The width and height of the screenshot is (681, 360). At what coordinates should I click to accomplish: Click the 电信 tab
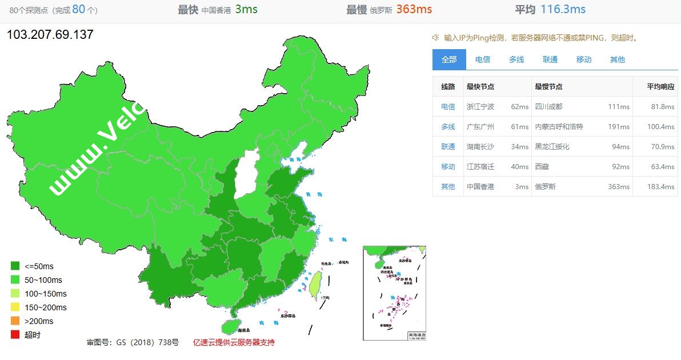click(x=483, y=59)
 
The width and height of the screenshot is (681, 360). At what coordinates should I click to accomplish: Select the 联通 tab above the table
click(x=550, y=59)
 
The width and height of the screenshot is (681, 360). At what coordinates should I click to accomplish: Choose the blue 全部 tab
click(x=449, y=59)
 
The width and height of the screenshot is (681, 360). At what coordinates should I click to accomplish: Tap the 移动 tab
click(x=584, y=59)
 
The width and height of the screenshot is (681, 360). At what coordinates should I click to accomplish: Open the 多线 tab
click(x=516, y=59)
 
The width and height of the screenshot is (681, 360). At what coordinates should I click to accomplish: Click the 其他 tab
click(x=618, y=59)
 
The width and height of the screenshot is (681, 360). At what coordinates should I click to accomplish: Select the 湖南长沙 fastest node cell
click(x=480, y=147)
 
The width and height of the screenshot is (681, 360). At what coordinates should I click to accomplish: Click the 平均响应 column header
click(x=660, y=87)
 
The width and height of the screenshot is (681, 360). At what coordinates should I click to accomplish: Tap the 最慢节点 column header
click(x=548, y=87)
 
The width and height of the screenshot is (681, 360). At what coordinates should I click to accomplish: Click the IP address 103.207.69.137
click(x=50, y=35)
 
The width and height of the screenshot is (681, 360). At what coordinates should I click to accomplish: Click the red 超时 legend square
click(x=15, y=335)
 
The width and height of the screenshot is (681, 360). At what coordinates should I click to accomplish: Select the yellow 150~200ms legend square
click(x=15, y=307)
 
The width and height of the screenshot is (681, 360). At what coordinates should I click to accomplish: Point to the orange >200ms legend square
click(x=15, y=321)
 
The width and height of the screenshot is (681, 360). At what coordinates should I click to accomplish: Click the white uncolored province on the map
click(x=248, y=171)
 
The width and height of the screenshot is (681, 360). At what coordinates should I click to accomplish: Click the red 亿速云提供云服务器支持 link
click(x=234, y=343)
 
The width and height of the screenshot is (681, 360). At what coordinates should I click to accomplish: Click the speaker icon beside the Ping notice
click(x=435, y=38)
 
